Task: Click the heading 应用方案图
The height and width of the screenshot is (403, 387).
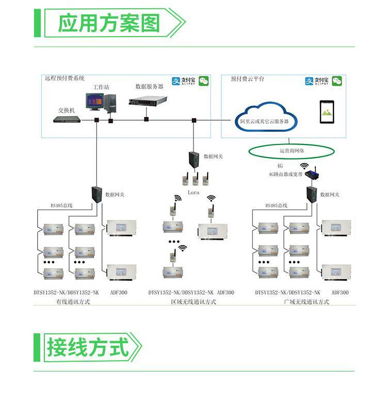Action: tap(109, 23)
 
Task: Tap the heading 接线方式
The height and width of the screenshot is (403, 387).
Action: tap(88, 346)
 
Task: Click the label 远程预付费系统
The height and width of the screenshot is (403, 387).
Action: tap(64, 78)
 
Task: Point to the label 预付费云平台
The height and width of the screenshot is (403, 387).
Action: tap(248, 79)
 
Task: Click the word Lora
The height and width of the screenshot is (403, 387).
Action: tap(193, 192)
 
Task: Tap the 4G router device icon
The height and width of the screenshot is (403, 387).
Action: tap(313, 175)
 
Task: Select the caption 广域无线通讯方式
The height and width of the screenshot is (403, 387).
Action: tap(306, 302)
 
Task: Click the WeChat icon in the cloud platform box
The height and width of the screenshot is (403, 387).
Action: tap(337, 81)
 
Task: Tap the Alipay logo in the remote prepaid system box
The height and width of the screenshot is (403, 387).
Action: tap(182, 82)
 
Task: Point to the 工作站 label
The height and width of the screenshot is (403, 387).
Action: tap(101, 87)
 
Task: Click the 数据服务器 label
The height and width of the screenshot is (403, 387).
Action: tap(149, 87)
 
